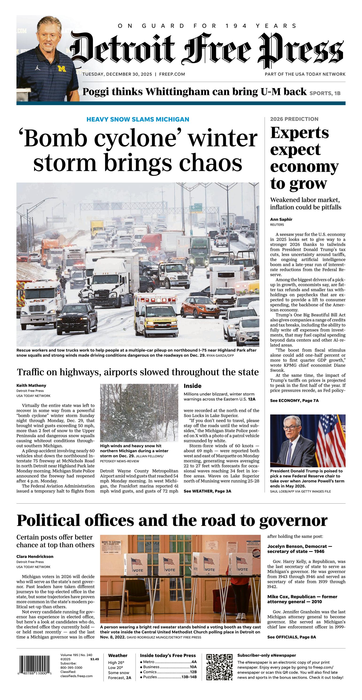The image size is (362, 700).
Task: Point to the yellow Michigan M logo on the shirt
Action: pos(62,68)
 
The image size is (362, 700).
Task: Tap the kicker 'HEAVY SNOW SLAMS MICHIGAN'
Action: pos(138,119)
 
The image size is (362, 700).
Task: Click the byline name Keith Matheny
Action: pos(31,385)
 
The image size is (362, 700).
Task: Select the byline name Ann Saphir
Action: pos(281,219)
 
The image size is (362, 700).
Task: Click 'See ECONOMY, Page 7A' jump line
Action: pos(294,401)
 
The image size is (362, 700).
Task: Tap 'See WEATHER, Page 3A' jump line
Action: pos(207,491)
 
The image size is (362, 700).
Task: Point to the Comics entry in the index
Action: pos(168,672)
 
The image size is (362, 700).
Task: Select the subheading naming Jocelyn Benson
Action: pos(300,549)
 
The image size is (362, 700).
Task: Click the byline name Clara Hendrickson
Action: pos(35,556)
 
